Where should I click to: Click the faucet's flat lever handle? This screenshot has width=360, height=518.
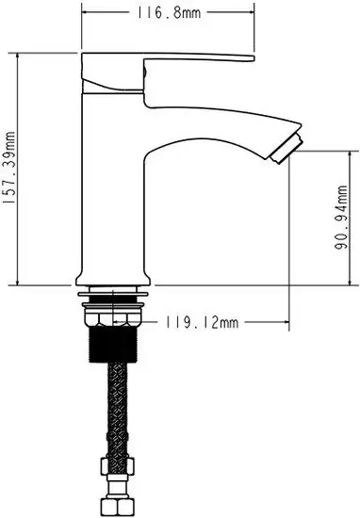[x=198, y=61]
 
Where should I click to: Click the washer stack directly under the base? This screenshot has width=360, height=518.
[x=113, y=301]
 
